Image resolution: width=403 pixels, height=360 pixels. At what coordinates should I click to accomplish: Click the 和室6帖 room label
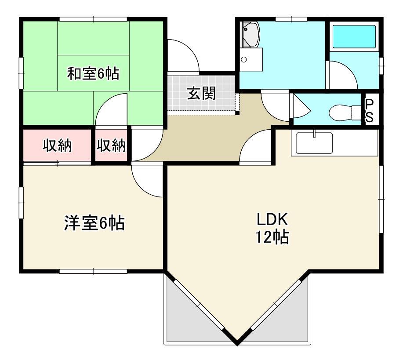[x=93, y=74]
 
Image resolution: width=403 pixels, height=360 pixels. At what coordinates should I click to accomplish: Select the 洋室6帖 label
[x=94, y=223]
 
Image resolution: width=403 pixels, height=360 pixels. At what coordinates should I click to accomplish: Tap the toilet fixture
[x=345, y=112]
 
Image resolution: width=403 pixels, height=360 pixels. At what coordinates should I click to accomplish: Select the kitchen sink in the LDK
[x=314, y=142]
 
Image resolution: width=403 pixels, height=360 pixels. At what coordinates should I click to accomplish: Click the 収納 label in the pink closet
[x=57, y=145]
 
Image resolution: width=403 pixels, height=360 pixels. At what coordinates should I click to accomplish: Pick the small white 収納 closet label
[x=112, y=145]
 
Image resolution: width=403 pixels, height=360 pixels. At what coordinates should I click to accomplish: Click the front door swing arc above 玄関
[x=181, y=55]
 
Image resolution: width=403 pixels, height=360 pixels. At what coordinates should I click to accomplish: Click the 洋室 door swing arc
[x=147, y=180]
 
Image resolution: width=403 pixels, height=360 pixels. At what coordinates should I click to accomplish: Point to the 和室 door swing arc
[x=111, y=110]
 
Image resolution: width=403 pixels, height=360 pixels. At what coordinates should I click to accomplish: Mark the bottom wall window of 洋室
[x=93, y=271]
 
